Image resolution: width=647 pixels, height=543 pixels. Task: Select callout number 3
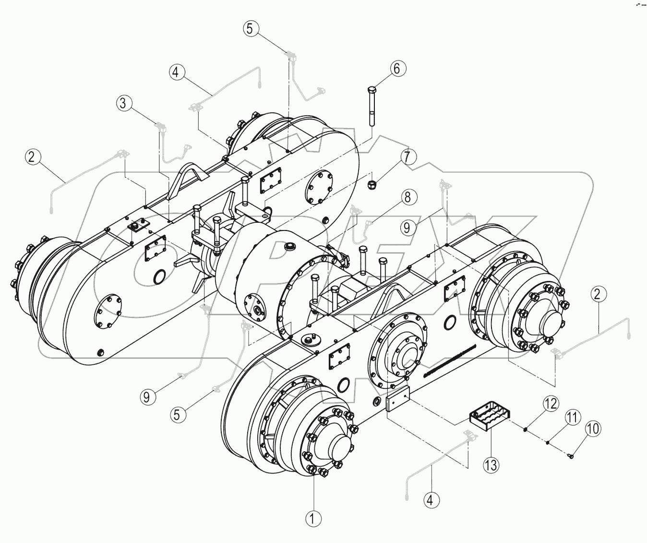124,103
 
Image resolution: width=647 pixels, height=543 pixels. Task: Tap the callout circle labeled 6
396,69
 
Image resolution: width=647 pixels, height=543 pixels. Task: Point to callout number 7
407,157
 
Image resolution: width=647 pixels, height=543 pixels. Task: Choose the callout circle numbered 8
407,197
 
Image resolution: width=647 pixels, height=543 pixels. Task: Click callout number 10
593,429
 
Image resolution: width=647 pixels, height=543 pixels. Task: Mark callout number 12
551,404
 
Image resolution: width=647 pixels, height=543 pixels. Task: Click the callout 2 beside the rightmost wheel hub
597,294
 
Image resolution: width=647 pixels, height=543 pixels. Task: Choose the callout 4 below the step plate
431,500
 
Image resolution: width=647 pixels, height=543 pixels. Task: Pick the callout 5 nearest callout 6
250,28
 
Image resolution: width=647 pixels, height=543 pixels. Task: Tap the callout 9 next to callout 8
407,227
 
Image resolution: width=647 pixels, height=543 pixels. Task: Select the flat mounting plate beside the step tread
396,399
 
